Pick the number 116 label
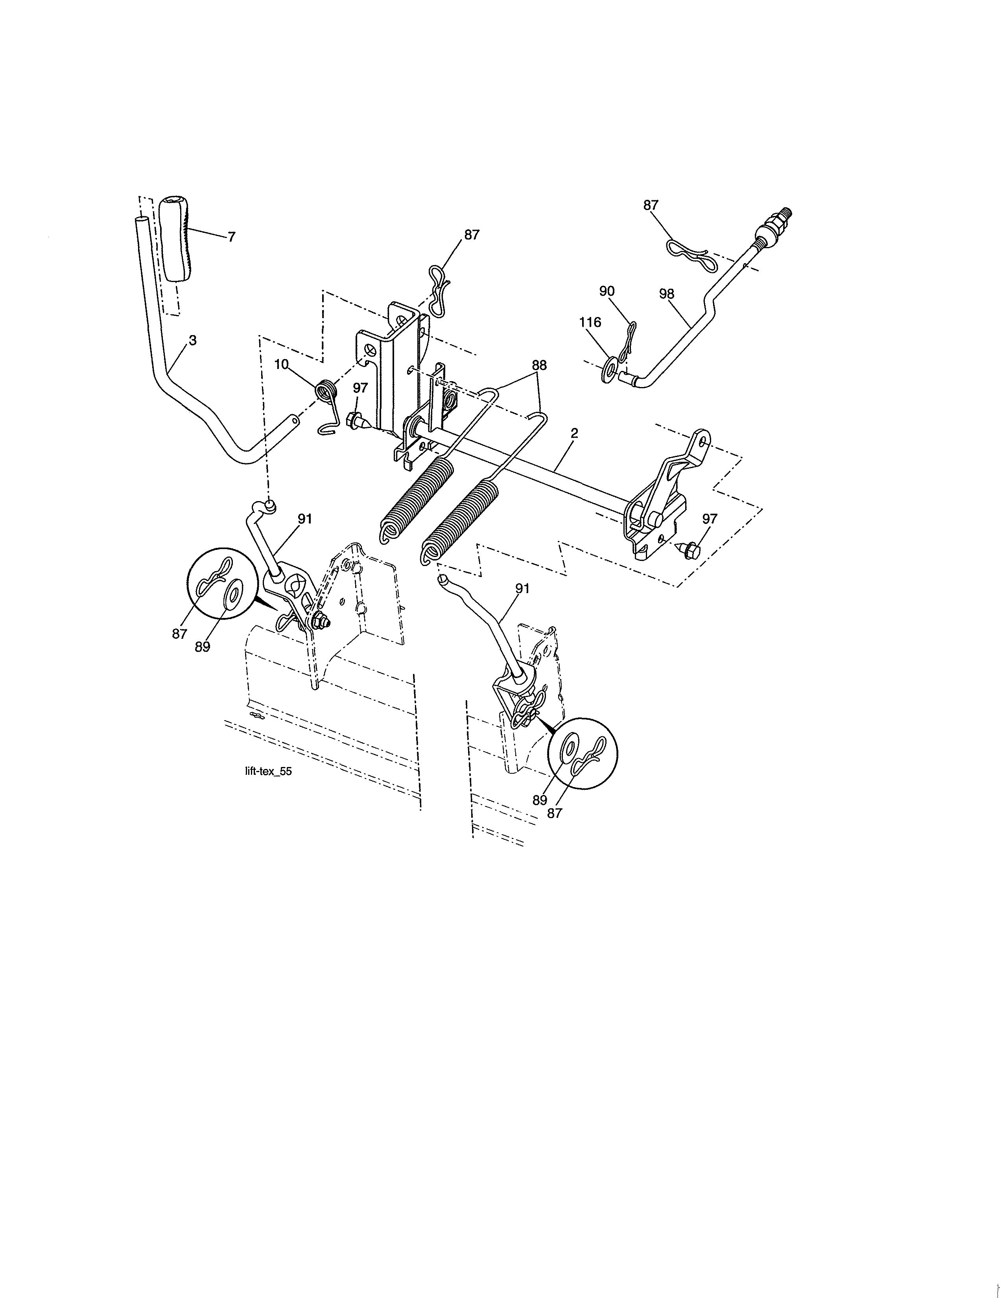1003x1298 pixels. (x=590, y=322)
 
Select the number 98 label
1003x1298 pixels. (x=667, y=293)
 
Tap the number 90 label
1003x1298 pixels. (x=607, y=291)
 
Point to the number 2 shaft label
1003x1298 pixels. (x=574, y=434)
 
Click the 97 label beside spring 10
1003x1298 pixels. (x=360, y=387)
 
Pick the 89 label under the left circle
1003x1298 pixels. (x=202, y=647)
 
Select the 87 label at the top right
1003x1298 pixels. (x=651, y=205)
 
